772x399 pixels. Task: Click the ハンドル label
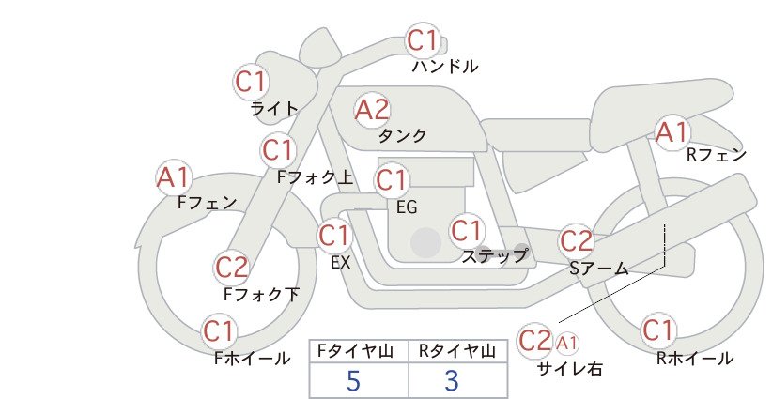444,66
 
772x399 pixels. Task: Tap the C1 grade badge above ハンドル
423,39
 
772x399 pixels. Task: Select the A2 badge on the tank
372,110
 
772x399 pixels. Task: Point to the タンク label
402,135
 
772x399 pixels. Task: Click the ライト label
274,108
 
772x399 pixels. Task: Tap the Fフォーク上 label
316,177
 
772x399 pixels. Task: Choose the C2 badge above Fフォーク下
231,269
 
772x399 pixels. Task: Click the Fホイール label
252,359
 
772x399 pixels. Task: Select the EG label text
407,207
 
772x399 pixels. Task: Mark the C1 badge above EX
334,235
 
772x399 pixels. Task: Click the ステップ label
494,256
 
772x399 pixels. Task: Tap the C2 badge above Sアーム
577,241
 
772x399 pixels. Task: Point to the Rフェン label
717,155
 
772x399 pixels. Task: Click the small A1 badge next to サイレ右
566,343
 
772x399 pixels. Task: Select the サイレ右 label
570,369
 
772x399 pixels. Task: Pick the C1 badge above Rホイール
657,330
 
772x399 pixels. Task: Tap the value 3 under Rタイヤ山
452,380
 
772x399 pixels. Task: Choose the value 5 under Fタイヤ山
353,380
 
